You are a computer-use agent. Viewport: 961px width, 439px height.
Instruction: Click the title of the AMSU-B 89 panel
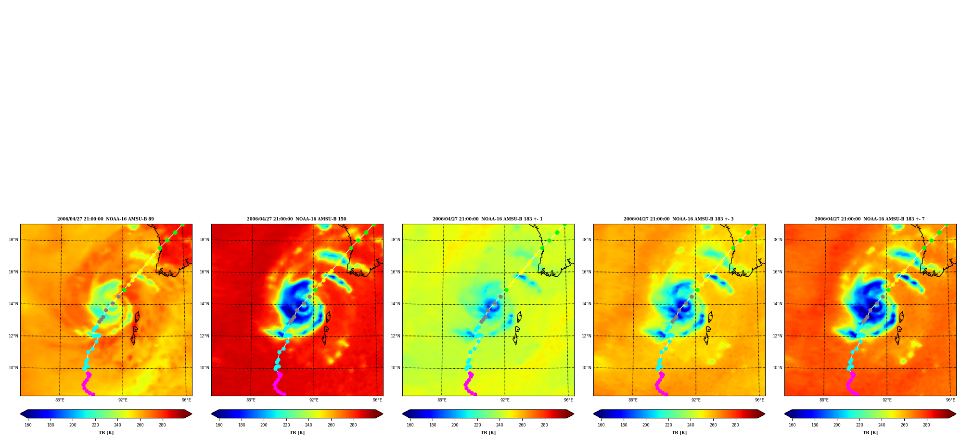tap(105, 219)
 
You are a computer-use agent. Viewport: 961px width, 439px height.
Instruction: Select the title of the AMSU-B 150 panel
tap(296, 219)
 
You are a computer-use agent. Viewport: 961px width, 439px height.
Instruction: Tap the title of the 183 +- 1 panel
tap(487, 219)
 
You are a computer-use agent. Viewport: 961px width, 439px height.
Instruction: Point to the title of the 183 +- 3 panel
tap(679, 219)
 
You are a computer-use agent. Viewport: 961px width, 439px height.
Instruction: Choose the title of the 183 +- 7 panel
tap(870, 219)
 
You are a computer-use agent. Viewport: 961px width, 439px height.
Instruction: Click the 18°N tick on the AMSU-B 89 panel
tap(13, 240)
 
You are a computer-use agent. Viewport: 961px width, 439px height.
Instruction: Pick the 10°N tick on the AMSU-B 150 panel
tap(204, 368)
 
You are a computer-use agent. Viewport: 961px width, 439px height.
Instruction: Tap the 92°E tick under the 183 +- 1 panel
tap(505, 400)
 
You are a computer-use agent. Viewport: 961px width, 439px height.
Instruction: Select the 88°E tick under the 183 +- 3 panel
tap(633, 400)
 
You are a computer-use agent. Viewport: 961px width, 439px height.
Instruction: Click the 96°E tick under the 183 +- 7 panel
tap(950, 400)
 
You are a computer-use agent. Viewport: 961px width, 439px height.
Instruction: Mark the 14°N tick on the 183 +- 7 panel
tap(777, 304)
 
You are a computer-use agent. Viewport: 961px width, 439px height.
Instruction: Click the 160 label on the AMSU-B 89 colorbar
tap(28, 425)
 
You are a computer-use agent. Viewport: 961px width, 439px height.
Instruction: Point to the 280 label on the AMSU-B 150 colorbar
tap(353, 425)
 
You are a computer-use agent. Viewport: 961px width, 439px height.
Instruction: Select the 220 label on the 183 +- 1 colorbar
tap(477, 425)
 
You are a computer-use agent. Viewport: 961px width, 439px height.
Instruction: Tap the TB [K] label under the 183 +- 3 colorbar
tap(679, 433)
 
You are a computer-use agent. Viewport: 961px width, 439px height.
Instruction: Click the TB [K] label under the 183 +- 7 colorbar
tap(870, 433)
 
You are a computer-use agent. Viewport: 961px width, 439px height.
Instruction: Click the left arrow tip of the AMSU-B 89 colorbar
tap(20, 414)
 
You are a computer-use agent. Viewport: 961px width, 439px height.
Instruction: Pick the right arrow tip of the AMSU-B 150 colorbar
tap(383, 414)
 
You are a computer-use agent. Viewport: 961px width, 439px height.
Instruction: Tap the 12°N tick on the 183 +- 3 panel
tap(586, 336)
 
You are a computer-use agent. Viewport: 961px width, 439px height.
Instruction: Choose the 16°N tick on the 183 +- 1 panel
tap(395, 272)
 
